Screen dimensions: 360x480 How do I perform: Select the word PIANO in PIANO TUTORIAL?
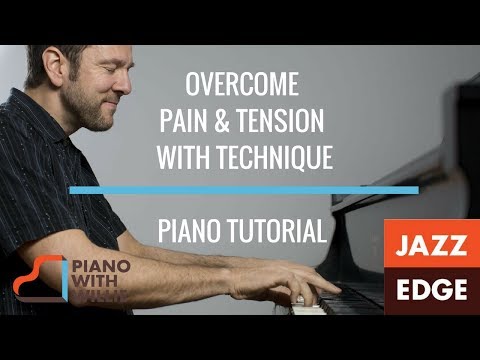tap(191, 233)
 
